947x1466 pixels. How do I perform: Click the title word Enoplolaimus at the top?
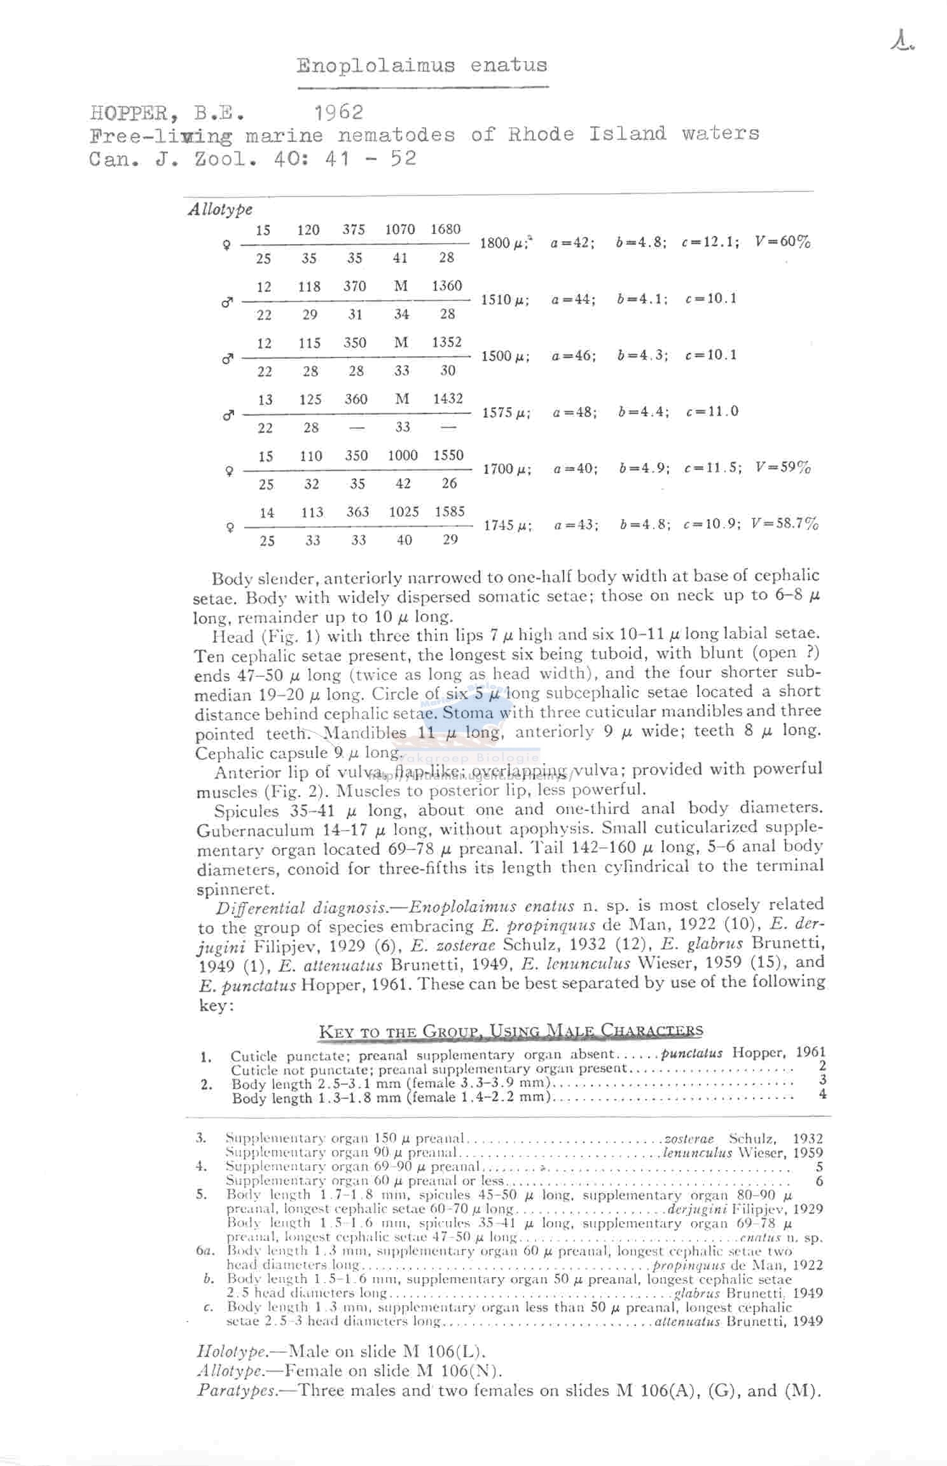click(x=376, y=66)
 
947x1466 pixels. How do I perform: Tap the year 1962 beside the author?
click(x=339, y=113)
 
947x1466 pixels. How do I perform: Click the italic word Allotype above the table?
click(x=220, y=209)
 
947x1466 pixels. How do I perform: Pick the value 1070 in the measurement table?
click(x=400, y=230)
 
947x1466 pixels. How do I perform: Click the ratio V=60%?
click(x=782, y=242)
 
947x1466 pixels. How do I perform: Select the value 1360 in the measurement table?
click(x=446, y=286)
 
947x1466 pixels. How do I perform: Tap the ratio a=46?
click(x=574, y=356)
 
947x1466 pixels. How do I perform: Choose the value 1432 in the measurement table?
click(x=448, y=399)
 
